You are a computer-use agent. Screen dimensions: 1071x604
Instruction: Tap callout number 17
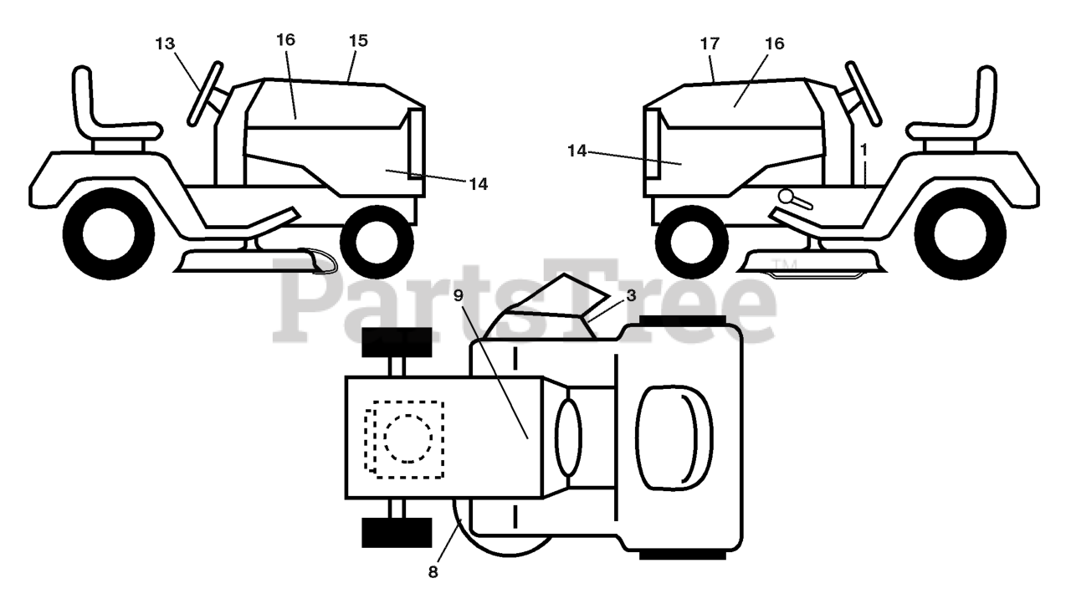[x=710, y=44]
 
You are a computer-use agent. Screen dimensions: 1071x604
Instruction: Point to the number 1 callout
[x=863, y=148]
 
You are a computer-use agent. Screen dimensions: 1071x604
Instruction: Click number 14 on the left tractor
[x=478, y=183]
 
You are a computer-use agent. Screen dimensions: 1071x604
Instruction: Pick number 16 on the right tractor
[x=775, y=44]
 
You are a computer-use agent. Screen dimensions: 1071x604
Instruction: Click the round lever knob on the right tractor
[x=787, y=196]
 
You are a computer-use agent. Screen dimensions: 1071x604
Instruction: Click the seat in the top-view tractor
[x=674, y=438]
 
